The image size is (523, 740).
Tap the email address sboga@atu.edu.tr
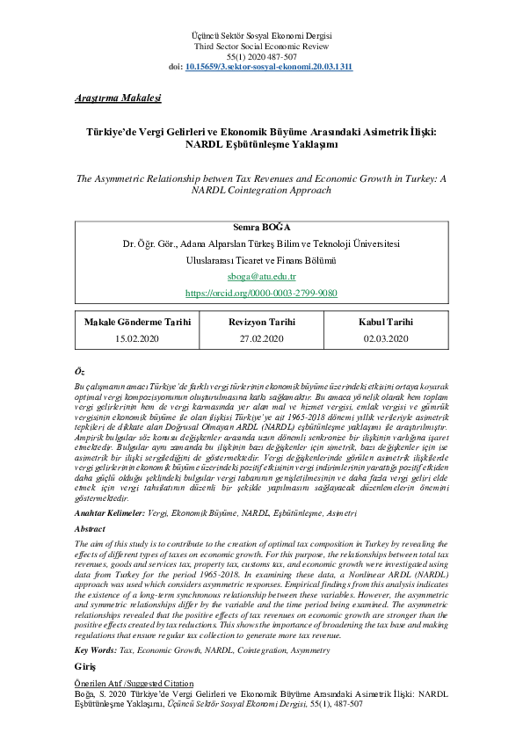261,276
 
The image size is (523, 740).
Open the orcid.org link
261,293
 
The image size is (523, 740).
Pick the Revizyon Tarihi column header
261,322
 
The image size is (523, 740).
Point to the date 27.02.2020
261,337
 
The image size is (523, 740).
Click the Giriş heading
85,668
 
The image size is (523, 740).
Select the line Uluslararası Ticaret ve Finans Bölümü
261,259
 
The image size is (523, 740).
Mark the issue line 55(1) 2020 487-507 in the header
261,56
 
